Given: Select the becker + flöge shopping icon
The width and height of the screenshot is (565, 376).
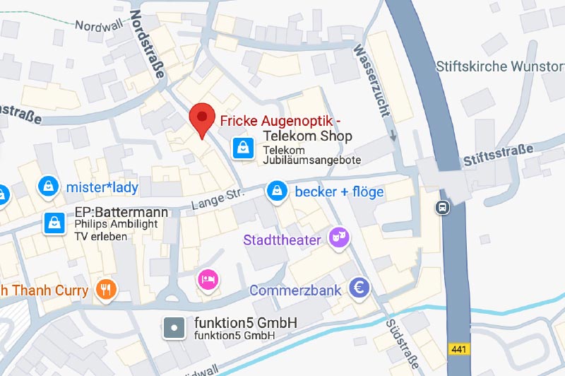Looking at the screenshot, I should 276,191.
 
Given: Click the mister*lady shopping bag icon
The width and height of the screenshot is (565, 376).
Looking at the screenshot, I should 48,187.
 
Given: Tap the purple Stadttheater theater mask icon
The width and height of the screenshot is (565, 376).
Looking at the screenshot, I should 340,239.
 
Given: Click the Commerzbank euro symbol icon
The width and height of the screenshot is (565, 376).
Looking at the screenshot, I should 360,288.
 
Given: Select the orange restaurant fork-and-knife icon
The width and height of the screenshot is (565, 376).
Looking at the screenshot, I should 107,288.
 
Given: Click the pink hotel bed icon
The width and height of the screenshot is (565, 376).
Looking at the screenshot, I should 208,279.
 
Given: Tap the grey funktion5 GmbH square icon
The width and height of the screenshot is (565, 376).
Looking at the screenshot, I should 174,327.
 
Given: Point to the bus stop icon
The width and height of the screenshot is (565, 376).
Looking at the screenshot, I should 443,207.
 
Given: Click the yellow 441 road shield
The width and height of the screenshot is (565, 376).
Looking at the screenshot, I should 459,349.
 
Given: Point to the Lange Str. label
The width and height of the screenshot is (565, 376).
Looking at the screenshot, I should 217,199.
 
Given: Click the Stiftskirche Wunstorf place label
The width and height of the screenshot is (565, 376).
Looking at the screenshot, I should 500,67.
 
